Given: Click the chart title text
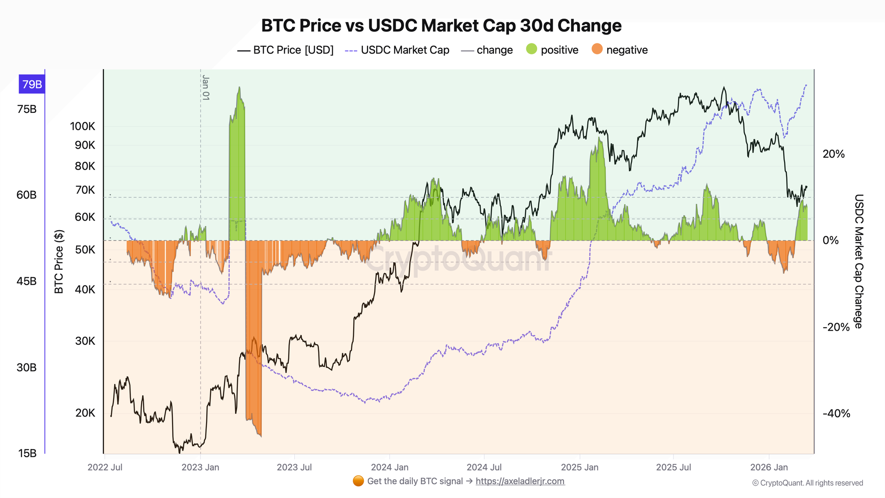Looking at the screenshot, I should tap(441, 26).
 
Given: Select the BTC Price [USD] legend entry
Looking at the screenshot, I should tap(285, 50).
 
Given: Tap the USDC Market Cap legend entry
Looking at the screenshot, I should tap(397, 50).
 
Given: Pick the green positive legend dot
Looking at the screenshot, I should tap(531, 50).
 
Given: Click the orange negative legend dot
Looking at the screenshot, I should tap(597, 50).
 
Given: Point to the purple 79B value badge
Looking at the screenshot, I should tap(32, 84).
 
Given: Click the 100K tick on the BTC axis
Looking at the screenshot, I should tap(83, 126).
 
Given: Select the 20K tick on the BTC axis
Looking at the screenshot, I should tap(85, 413).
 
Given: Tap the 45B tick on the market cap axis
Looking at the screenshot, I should tap(27, 282).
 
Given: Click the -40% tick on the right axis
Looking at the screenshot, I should tap(836, 413).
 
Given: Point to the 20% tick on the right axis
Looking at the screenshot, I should tap(834, 154).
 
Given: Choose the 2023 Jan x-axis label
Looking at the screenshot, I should tap(200, 467).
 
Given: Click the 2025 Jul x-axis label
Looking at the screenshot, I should tap(673, 467).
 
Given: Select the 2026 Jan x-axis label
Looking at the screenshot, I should tap(769, 467).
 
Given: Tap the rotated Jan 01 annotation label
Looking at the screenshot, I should tap(206, 88).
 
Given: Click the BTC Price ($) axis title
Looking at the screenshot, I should tap(59, 262).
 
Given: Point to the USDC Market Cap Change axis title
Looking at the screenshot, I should tap(858, 261).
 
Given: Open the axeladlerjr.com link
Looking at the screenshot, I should tap(520, 481).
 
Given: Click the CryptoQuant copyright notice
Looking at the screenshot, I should tap(808, 483).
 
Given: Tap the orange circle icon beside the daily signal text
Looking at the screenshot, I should tap(358, 481).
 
